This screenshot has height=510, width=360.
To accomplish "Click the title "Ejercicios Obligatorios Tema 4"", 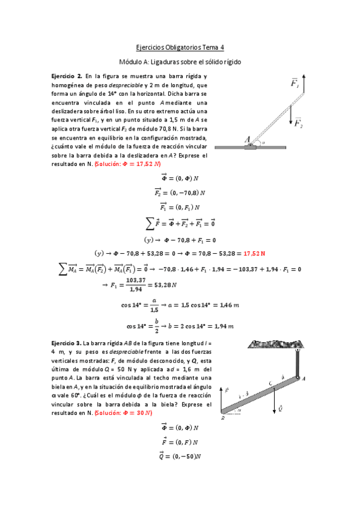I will click(x=180, y=47).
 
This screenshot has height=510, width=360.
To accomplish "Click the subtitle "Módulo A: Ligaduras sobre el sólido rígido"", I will click(x=180, y=62).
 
